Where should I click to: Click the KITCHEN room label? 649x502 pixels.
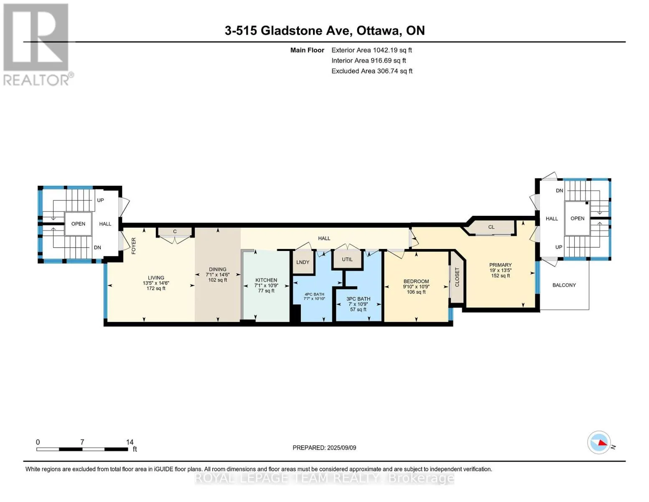point(266,280)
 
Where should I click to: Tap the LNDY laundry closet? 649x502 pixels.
point(303,262)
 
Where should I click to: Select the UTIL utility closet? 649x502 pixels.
point(347,259)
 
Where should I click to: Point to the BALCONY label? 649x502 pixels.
point(564,285)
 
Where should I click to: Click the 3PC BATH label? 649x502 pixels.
point(358,299)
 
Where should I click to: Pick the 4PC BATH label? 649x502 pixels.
point(314,295)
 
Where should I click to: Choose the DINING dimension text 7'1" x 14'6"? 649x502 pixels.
point(217,275)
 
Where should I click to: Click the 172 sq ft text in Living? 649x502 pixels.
point(156,289)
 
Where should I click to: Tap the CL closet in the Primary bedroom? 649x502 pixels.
point(491,227)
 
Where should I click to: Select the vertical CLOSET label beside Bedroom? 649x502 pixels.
point(457,277)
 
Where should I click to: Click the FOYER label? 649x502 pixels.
point(133,246)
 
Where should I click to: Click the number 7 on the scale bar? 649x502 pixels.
point(82,442)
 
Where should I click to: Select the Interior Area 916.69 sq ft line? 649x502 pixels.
point(369,61)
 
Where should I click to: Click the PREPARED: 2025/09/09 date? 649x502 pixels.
point(324,448)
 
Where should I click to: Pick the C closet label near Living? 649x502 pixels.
point(175,231)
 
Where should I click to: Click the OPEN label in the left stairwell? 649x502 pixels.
point(78,224)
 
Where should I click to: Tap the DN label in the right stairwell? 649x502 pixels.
point(560,191)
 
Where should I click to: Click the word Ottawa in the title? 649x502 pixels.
point(378,31)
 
